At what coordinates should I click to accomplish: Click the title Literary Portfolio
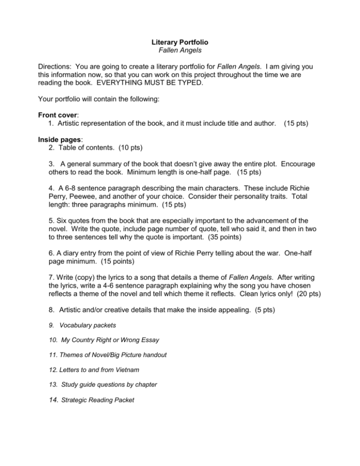click(x=180, y=42)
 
